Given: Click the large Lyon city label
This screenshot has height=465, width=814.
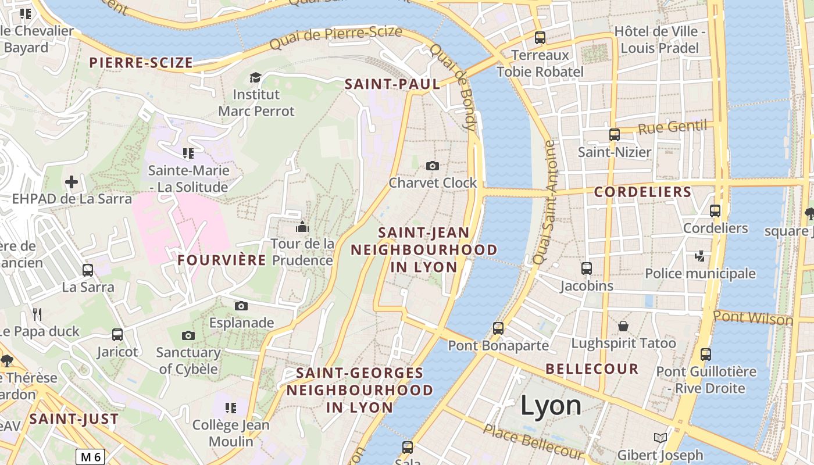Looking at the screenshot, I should (551, 405).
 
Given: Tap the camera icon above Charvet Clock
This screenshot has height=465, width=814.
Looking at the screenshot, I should (432, 166).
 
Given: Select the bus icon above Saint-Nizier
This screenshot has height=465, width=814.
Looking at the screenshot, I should (615, 135).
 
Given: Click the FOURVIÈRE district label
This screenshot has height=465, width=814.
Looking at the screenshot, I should (222, 260).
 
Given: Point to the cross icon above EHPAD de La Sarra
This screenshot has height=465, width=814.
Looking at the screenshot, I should (72, 183).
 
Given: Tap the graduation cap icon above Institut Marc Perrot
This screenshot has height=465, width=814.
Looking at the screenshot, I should (255, 77).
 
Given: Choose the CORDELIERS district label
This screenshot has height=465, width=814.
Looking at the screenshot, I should (642, 192).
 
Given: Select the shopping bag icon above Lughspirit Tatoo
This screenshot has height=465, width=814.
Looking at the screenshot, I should (623, 325).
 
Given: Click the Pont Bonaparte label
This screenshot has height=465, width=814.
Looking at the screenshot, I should (498, 345).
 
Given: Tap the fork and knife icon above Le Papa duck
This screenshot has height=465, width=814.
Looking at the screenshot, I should (37, 314).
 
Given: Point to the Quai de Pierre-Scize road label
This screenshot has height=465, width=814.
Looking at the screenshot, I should (336, 37).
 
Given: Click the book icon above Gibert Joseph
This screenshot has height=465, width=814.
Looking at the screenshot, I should (660, 438).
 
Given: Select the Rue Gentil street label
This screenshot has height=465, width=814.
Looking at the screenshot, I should (672, 127).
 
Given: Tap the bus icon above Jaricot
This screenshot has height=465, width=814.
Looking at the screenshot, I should (117, 335).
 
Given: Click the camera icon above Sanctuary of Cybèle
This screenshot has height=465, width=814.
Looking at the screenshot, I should (188, 335).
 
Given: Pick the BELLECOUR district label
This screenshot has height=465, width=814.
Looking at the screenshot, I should (592, 369).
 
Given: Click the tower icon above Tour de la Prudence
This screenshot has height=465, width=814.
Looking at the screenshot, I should (302, 226).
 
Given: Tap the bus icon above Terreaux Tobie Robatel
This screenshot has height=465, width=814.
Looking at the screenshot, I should (540, 38).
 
